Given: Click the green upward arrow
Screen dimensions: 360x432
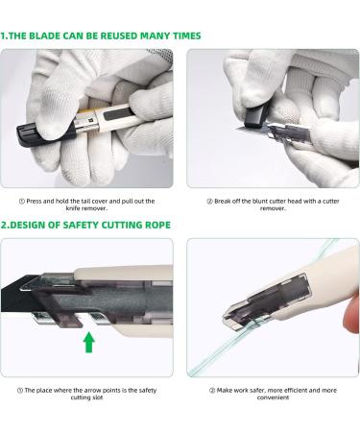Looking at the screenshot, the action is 89,342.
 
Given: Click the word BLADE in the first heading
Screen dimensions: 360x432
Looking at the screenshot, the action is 44,36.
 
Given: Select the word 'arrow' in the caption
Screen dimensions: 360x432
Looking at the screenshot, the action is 92,391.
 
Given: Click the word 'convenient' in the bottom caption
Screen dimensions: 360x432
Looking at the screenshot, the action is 273,397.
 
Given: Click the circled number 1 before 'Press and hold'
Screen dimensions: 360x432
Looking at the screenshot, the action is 22,202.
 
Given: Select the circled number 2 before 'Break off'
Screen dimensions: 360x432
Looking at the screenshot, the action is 210,202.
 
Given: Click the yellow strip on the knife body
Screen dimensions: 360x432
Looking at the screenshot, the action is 87,111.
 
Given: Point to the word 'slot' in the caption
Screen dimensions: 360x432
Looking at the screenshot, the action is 98,397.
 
